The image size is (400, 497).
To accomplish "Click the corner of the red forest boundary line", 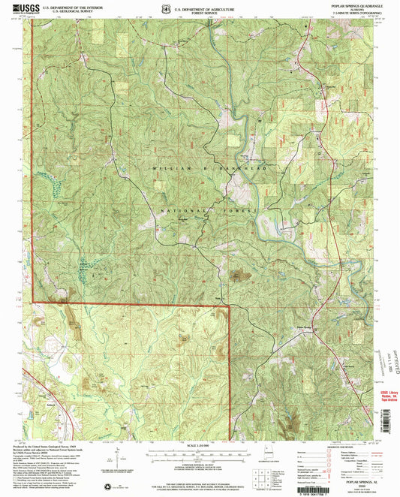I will [228, 305].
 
